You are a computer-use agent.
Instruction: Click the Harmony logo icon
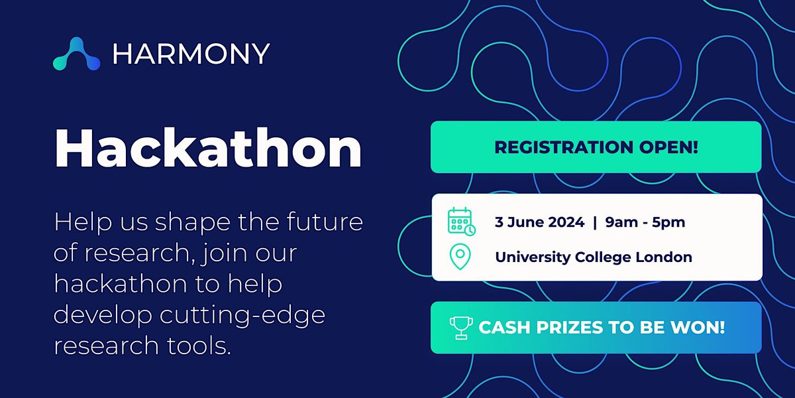click(x=76, y=54)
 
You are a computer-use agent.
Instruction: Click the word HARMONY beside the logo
click(x=191, y=54)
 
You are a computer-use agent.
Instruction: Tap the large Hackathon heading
click(x=208, y=149)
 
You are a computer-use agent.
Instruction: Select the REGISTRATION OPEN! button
click(x=596, y=147)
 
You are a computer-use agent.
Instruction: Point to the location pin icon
click(x=460, y=257)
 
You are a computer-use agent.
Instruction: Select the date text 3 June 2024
click(x=539, y=222)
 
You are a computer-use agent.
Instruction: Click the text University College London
click(x=593, y=257)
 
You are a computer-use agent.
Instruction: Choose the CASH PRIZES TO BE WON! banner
click(x=596, y=327)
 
